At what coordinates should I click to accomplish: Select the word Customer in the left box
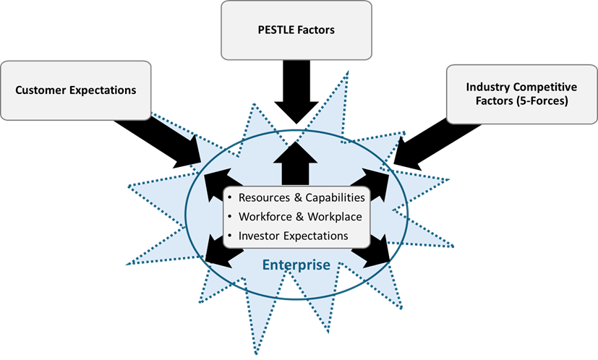40,90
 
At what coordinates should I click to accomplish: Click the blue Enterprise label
296,265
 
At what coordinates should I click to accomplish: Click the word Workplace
333,216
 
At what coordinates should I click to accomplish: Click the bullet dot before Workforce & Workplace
231,217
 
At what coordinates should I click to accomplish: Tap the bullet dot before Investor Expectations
231,236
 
